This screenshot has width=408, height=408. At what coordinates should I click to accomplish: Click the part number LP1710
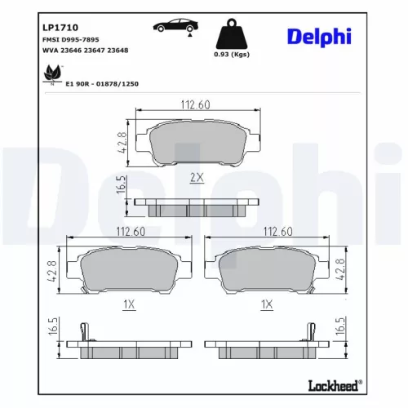pyautogui.click(x=56, y=27)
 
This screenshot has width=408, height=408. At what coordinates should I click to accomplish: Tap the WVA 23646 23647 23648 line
pyautogui.click(x=85, y=50)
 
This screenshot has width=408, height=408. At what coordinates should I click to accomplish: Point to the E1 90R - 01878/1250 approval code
pyautogui.click(x=105, y=82)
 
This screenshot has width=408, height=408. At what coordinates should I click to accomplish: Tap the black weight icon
pyautogui.click(x=231, y=34)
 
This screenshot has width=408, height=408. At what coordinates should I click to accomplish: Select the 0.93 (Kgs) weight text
pyautogui.click(x=231, y=56)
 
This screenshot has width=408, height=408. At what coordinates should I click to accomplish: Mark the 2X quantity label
pyautogui.click(x=196, y=177)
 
